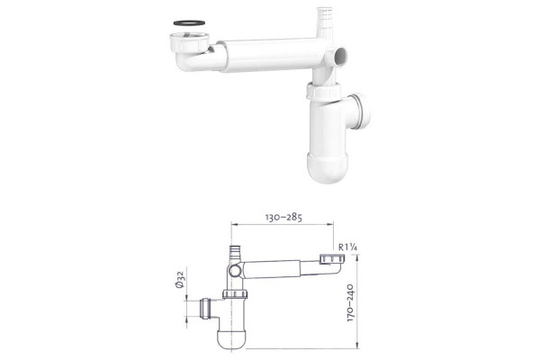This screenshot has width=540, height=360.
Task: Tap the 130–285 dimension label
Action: (283, 218)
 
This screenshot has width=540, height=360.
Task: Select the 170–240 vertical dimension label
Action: (350, 302)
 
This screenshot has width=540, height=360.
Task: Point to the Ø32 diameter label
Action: (181, 279)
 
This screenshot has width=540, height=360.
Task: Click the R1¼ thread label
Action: (347, 247)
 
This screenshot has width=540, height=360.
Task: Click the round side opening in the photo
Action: (340, 56)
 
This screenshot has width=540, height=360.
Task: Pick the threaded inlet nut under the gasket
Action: (189, 40)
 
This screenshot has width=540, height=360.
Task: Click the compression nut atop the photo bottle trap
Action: (323, 92)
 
